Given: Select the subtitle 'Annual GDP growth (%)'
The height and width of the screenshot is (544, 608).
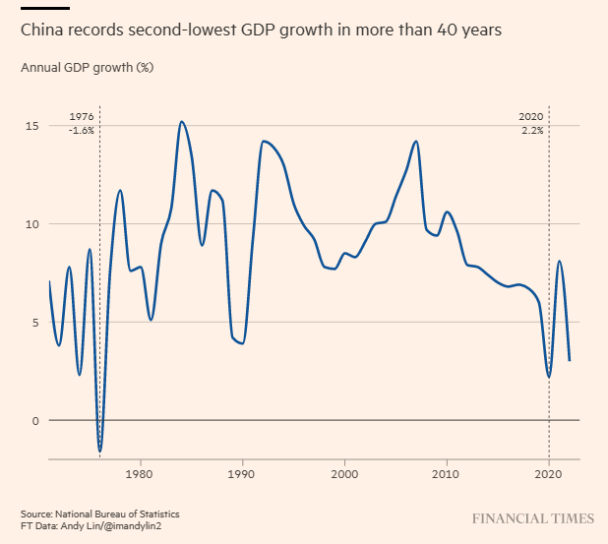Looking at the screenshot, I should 87,68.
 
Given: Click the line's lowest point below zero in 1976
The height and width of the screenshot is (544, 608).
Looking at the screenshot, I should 99,451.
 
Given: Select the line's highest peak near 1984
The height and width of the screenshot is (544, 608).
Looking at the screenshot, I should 182,122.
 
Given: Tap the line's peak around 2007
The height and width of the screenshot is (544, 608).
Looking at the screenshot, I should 416,142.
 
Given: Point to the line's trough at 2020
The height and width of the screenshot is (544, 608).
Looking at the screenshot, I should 549,377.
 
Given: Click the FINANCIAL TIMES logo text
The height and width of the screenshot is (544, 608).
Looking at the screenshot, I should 532,517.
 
